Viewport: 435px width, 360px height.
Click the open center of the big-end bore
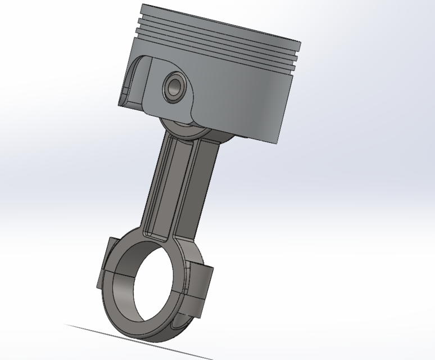[x=155, y=292]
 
